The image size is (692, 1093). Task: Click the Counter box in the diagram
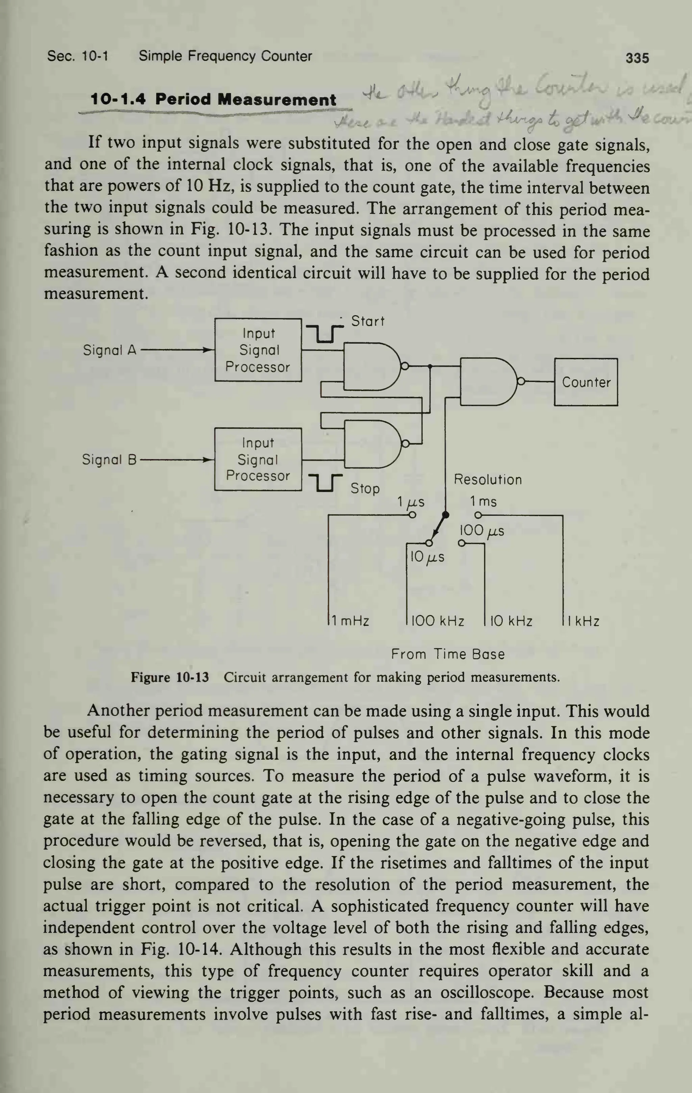click(x=586, y=382)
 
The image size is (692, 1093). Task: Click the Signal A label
click(x=109, y=350)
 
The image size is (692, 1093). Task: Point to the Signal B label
click(x=109, y=460)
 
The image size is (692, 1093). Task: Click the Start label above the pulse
click(x=368, y=321)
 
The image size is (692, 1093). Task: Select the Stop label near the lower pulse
click(x=365, y=488)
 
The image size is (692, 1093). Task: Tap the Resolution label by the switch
click(x=488, y=480)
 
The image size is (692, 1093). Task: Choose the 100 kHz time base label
click(x=438, y=621)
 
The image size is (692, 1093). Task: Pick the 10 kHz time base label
click(x=511, y=621)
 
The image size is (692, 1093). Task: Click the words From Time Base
click(x=448, y=654)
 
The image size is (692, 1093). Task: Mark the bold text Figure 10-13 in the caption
click(x=170, y=678)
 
